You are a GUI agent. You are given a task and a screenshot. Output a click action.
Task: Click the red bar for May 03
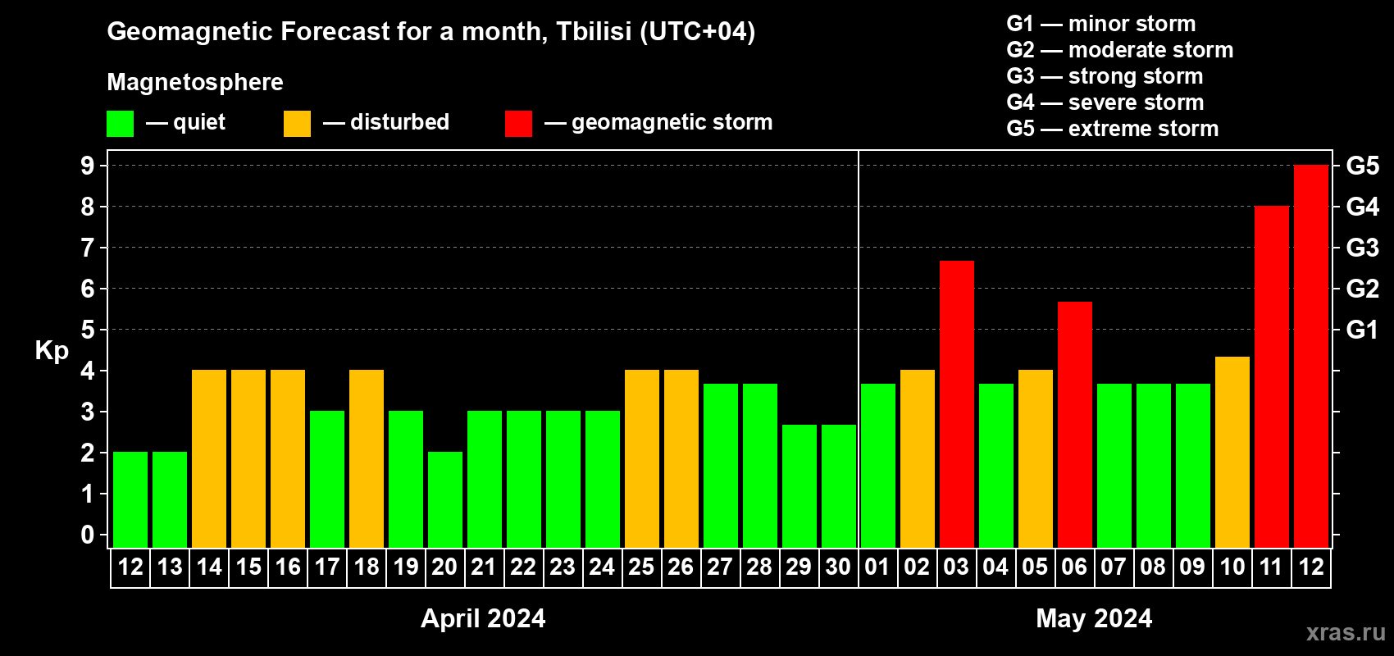click(956, 404)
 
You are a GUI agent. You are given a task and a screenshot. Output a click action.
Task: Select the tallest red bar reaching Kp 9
click(1310, 356)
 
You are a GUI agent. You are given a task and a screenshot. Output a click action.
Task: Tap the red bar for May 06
click(1075, 425)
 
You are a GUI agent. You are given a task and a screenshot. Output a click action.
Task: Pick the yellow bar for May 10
click(1232, 452)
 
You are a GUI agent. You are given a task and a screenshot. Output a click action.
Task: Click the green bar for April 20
click(445, 499)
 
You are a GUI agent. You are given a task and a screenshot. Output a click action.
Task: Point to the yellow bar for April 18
click(367, 458)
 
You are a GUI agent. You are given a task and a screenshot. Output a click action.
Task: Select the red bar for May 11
click(1271, 376)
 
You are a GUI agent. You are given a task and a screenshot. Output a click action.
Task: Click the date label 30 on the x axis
click(838, 567)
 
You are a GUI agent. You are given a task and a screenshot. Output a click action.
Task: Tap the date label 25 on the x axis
click(641, 567)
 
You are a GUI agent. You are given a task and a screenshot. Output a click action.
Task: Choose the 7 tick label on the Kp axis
click(87, 248)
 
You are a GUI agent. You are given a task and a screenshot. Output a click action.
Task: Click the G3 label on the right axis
click(1362, 248)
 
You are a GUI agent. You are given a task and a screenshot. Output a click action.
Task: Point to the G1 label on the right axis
click(1362, 330)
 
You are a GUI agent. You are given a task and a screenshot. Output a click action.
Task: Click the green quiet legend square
click(120, 123)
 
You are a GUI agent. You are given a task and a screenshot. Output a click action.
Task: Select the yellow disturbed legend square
click(297, 123)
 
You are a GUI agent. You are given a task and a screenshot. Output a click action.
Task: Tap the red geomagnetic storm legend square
click(518, 123)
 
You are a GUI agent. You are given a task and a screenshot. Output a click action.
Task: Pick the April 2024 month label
click(483, 618)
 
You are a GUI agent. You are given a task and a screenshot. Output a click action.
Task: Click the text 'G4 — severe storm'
click(1105, 102)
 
